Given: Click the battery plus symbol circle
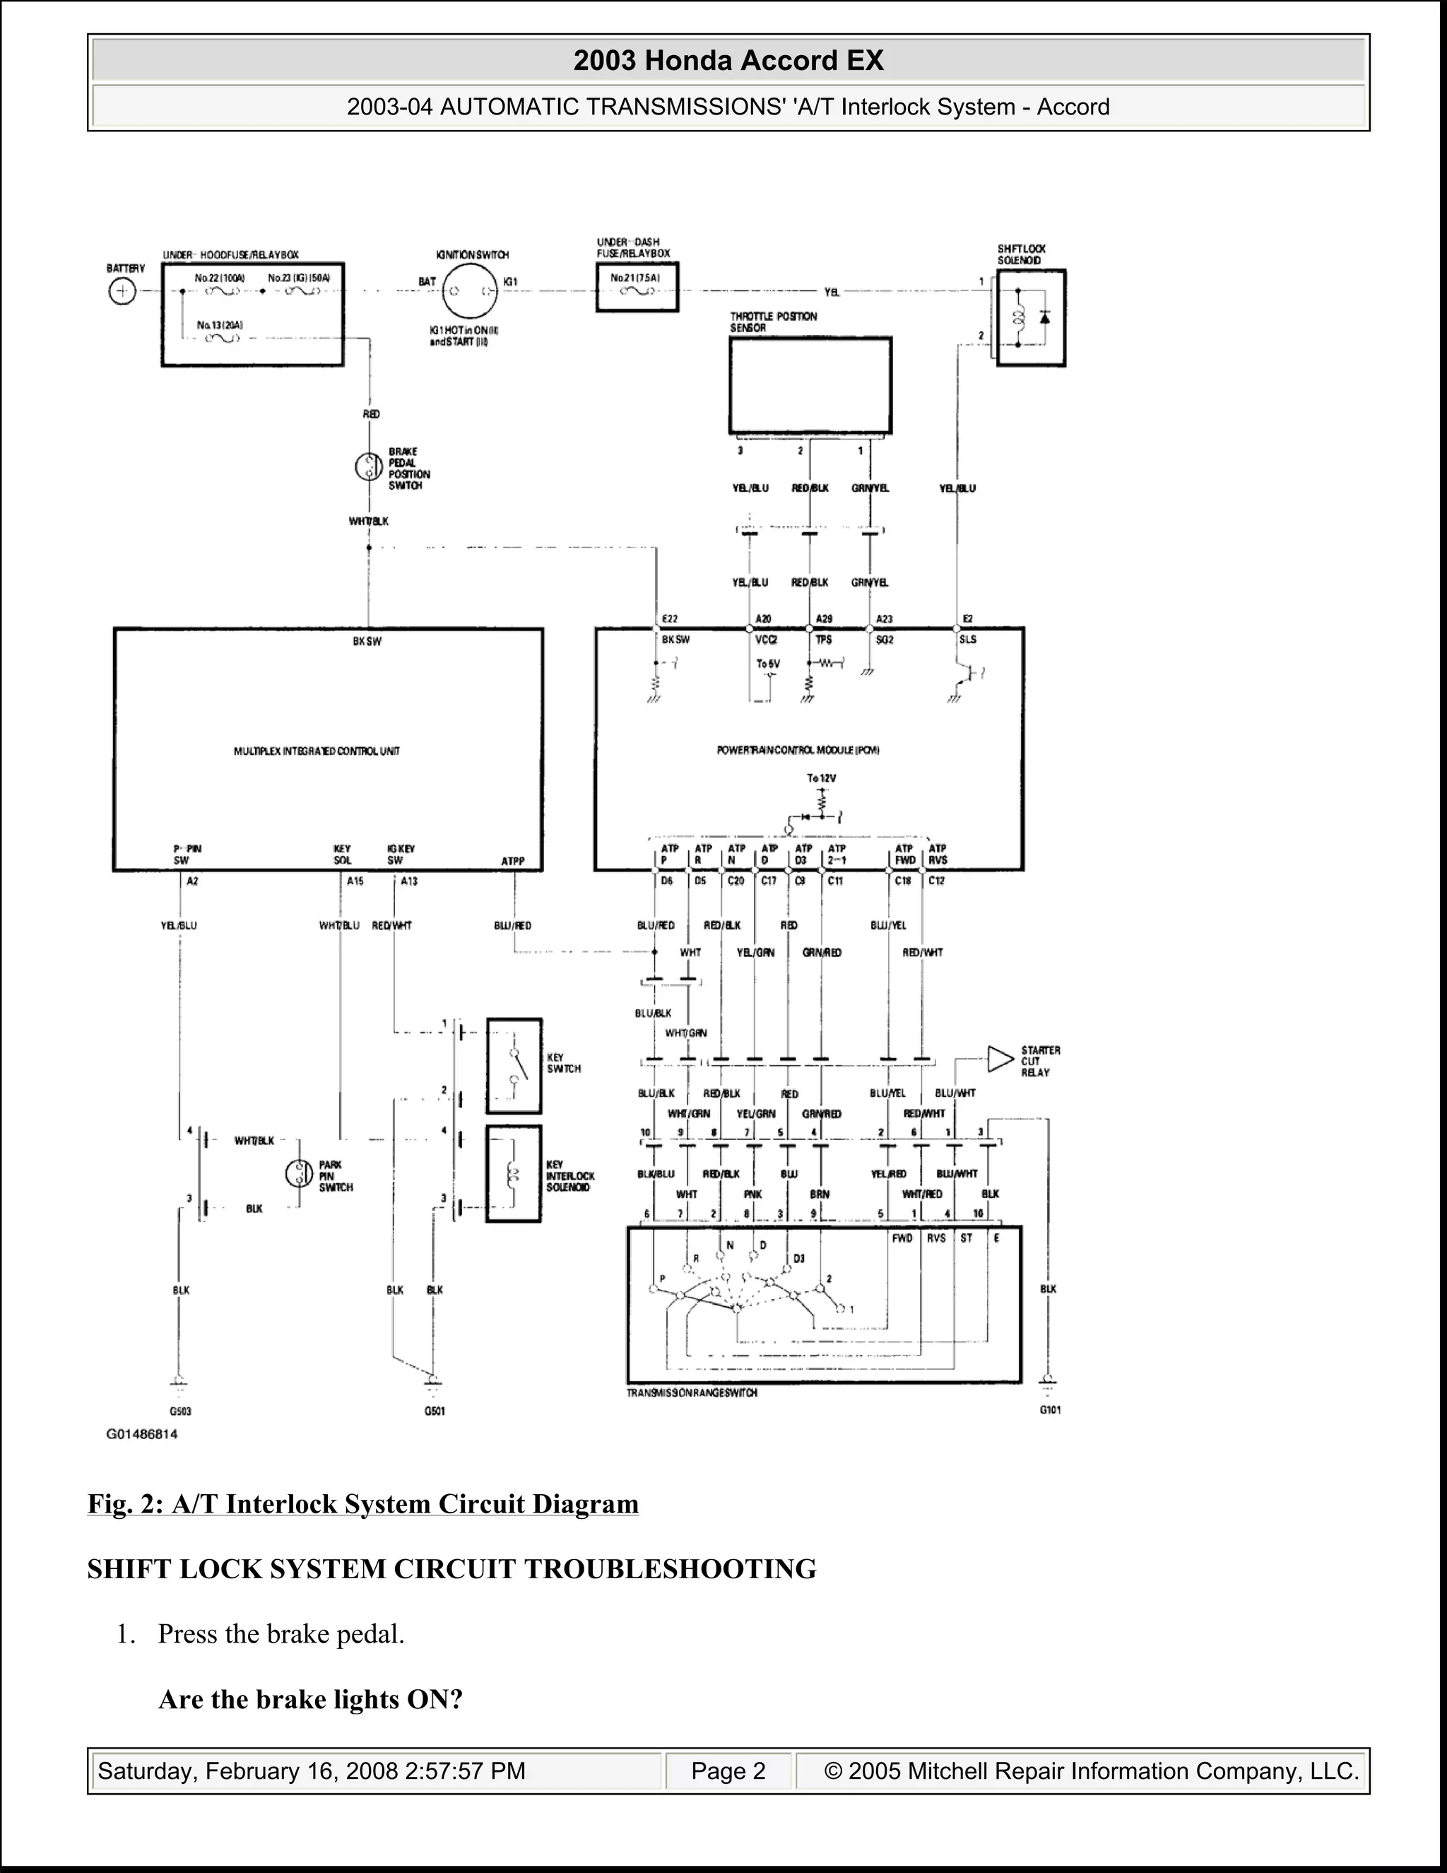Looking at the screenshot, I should click(x=122, y=292).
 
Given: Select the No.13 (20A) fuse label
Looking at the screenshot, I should click(x=220, y=325).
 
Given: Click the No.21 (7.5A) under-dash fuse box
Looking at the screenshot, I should click(x=637, y=287).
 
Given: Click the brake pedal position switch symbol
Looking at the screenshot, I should click(x=369, y=467).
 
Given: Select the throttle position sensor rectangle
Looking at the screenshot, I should click(x=810, y=385).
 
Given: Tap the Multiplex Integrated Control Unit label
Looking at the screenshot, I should click(x=317, y=751).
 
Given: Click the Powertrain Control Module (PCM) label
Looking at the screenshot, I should click(x=798, y=751).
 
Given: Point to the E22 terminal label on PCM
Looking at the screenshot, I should click(x=670, y=619).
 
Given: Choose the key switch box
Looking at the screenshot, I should click(x=514, y=1066).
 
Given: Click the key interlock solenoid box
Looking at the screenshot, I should click(x=514, y=1174).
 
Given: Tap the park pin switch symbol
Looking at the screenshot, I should click(x=299, y=1173).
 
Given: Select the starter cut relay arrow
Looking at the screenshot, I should click(x=1000, y=1059).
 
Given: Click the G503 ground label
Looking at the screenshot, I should click(x=180, y=1411).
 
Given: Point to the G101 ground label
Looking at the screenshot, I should click(x=1050, y=1410).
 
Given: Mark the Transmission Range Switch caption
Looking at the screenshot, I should click(x=692, y=1393).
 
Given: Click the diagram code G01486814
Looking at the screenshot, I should click(x=142, y=1434).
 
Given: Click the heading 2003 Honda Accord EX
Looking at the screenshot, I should click(x=728, y=61).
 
